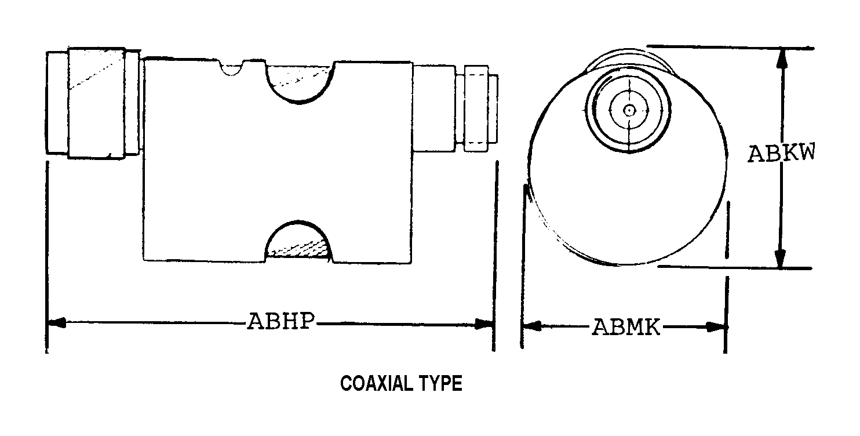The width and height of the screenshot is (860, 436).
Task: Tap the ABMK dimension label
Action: point(626,327)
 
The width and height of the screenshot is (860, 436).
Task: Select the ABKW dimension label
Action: point(781,153)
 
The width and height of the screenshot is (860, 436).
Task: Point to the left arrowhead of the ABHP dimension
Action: point(56,322)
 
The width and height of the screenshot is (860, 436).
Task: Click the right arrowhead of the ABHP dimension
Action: point(484,324)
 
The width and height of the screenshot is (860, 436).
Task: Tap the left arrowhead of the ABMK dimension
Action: point(532,326)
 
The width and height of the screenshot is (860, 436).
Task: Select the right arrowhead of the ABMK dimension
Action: point(716,327)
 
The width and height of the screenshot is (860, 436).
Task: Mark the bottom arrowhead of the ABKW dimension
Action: point(780,258)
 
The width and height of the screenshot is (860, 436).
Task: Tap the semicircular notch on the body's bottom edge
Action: point(298,240)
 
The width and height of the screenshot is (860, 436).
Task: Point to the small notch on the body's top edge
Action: point(231,67)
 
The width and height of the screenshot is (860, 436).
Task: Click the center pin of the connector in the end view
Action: point(629,111)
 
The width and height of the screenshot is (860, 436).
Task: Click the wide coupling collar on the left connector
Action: point(96,103)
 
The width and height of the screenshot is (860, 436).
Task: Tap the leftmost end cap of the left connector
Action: point(57,103)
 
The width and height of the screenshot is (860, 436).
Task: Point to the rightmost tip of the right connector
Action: point(498,109)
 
